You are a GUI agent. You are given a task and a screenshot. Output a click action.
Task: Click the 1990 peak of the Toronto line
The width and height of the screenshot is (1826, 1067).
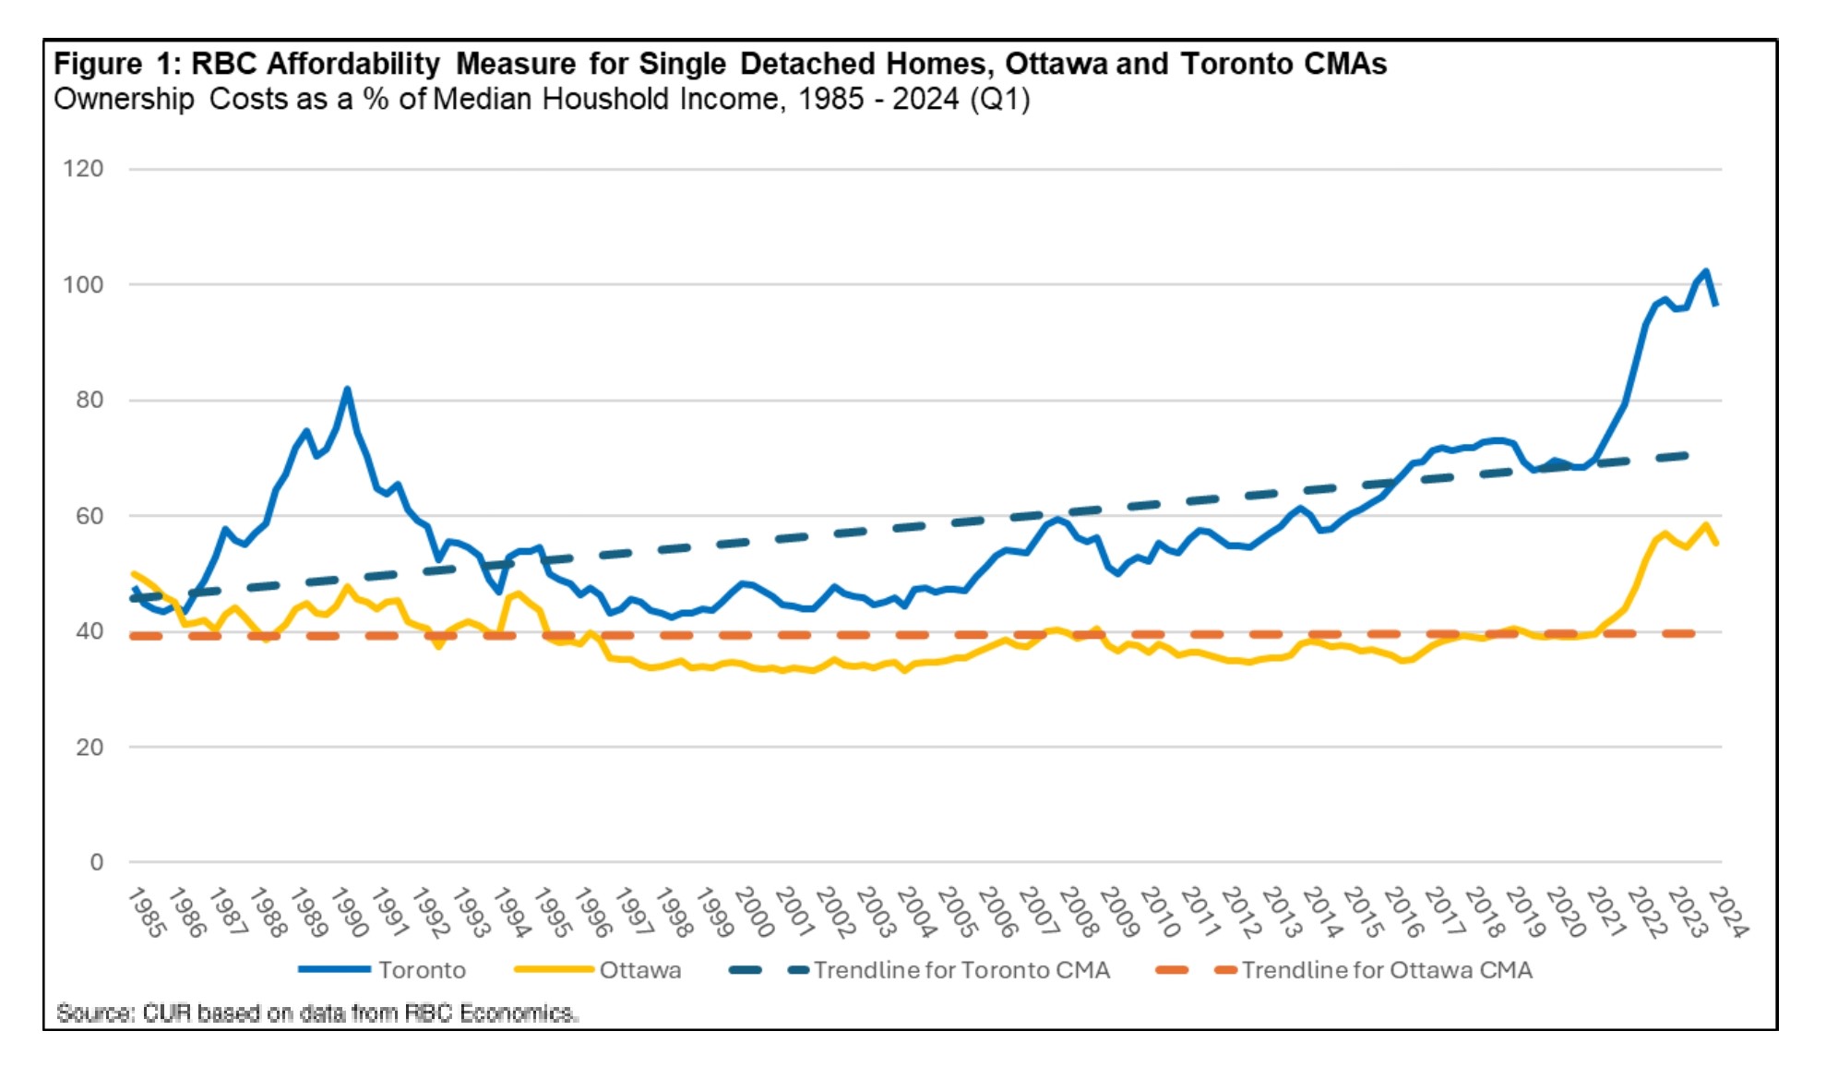tap(347, 390)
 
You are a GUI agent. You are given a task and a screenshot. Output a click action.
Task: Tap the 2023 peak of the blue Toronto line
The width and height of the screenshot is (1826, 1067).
tap(1706, 271)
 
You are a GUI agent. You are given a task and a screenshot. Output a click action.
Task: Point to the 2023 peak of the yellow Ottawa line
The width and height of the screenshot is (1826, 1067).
tap(1706, 525)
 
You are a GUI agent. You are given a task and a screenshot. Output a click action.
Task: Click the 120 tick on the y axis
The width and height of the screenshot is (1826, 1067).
tap(83, 169)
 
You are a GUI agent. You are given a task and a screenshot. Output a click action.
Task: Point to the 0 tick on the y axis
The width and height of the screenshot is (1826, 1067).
tap(96, 862)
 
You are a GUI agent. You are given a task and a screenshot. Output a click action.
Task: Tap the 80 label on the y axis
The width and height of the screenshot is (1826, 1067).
tap(90, 400)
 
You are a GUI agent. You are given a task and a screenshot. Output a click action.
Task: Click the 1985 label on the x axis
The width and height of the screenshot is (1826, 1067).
tap(146, 912)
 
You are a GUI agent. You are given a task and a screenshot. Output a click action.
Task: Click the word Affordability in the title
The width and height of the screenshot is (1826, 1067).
tap(353, 64)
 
